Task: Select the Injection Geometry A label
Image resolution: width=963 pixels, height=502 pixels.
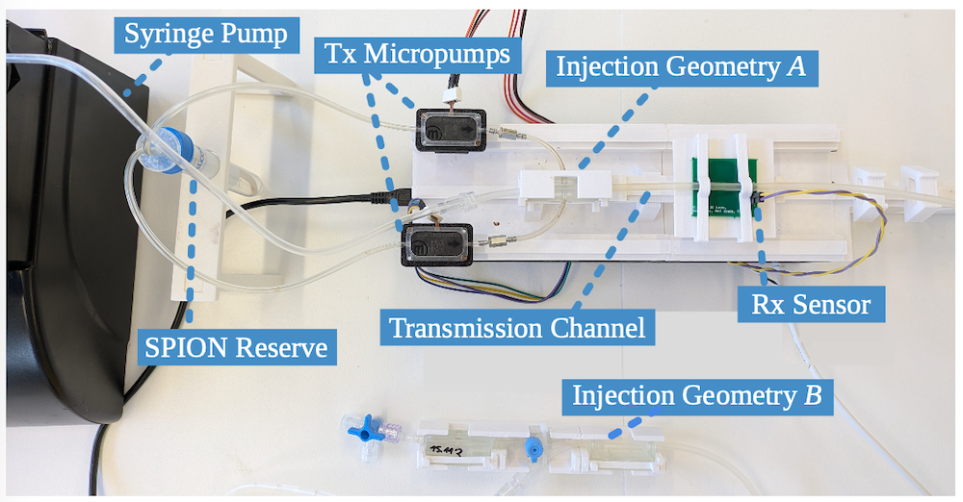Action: [680, 69]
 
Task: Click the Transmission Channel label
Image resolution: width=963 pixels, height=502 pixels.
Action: [517, 327]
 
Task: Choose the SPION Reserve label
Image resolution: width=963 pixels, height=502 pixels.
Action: [236, 346]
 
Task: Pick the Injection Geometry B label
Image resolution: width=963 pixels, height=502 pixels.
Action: [701, 395]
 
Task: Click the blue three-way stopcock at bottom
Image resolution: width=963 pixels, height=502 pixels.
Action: [365, 430]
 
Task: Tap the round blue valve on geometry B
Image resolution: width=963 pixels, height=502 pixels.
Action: [532, 446]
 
